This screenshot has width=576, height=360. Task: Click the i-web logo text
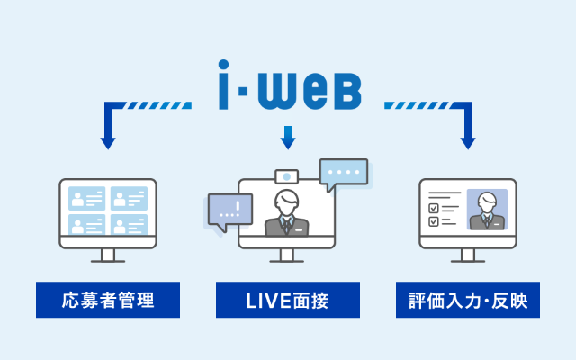click(289, 86)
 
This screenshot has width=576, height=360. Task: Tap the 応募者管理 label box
click(108, 300)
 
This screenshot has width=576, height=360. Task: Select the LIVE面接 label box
click(288, 300)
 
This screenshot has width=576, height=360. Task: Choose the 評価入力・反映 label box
click(468, 300)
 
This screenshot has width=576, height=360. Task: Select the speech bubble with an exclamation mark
click(229, 211)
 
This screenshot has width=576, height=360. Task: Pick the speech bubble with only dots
click(344, 173)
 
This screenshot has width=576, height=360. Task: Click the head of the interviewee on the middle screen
click(287, 202)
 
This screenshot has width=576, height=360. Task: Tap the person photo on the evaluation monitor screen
click(487, 210)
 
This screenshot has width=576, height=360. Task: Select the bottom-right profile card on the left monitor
click(128, 223)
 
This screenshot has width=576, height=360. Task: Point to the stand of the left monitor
click(108, 256)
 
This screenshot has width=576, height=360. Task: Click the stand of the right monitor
click(468, 256)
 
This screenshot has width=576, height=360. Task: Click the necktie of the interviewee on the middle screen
click(287, 225)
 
